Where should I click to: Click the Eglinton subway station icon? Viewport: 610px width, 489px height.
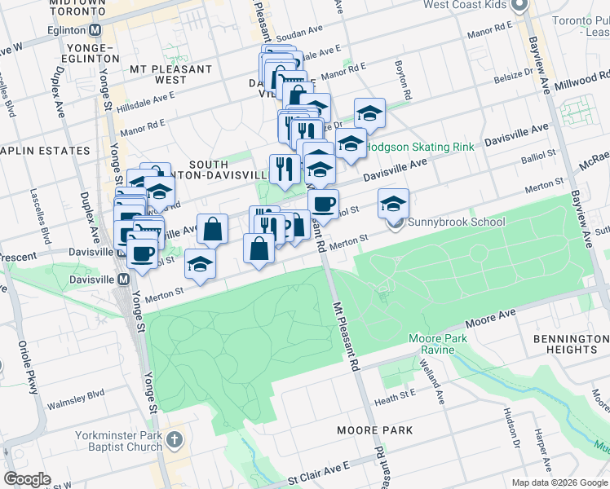point(95,29)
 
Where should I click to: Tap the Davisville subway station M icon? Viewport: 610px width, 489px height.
point(124,279)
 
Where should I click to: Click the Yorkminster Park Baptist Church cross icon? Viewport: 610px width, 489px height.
point(175,441)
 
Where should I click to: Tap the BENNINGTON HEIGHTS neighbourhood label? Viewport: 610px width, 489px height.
point(571,343)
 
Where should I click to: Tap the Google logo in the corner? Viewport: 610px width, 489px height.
point(27,478)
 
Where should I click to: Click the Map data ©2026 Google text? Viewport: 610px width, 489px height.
point(559,482)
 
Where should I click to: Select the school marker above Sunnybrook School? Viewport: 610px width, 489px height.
point(393,202)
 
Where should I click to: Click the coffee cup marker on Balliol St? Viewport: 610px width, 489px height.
point(323,204)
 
